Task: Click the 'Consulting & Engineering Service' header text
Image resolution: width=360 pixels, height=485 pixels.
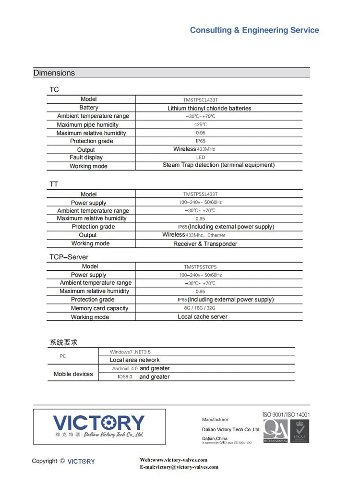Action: coord(254,30)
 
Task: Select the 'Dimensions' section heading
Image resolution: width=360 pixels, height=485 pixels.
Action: coord(54,73)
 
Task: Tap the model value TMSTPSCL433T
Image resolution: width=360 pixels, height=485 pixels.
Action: coord(200,100)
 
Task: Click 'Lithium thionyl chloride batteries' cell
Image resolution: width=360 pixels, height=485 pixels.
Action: coord(209,109)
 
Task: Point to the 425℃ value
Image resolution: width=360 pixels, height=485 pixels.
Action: coord(200,125)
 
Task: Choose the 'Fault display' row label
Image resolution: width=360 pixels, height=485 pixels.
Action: coord(86,158)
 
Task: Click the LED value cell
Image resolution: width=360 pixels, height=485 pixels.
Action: coord(200,158)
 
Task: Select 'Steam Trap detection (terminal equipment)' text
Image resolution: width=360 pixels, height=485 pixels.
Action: coord(218,165)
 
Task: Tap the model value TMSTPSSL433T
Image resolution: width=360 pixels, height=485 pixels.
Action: coord(200,194)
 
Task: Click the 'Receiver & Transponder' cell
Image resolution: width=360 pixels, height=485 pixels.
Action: coord(205,244)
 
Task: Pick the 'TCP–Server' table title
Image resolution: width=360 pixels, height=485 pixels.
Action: coord(69,257)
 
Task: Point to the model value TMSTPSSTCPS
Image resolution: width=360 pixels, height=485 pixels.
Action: coord(200,267)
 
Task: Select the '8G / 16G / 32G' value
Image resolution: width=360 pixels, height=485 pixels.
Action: coord(200,308)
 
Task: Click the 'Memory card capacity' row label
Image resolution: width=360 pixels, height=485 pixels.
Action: coord(99,308)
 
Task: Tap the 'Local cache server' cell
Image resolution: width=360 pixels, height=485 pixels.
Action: coord(203,317)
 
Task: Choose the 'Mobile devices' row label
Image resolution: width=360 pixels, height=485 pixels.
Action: coord(73,374)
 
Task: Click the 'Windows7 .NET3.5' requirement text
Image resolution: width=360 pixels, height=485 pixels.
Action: coord(130,352)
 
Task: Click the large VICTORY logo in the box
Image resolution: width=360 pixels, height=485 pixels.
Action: coord(98,423)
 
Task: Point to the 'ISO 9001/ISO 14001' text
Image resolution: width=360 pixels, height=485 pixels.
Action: coord(286,414)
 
